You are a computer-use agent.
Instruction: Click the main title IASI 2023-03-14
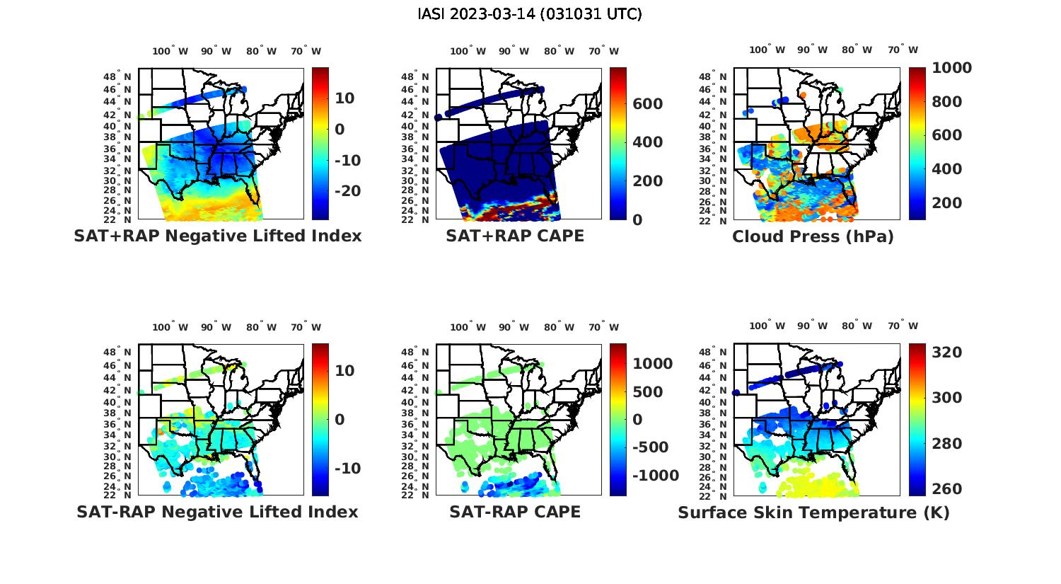pyautogui.click(x=530, y=14)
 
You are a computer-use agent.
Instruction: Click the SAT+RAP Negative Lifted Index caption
pyautogui.click(x=217, y=236)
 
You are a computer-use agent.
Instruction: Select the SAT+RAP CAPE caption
pyautogui.click(x=515, y=236)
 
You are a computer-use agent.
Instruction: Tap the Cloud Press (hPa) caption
pyautogui.click(x=813, y=236)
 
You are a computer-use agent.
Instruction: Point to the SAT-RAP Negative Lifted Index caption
pyautogui.click(x=217, y=512)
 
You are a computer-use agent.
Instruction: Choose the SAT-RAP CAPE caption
pyautogui.click(x=515, y=512)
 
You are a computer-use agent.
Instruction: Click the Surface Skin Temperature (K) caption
pyautogui.click(x=813, y=513)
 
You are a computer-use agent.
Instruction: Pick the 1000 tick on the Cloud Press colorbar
pyautogui.click(x=951, y=68)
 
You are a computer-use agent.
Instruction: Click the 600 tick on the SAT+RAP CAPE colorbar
pyautogui.click(x=647, y=104)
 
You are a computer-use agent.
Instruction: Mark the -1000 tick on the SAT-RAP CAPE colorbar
pyautogui.click(x=655, y=476)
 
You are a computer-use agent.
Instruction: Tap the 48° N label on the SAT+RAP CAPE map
pyautogui.click(x=414, y=76)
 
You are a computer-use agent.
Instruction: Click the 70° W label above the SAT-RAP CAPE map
pyautogui.click(x=603, y=327)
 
